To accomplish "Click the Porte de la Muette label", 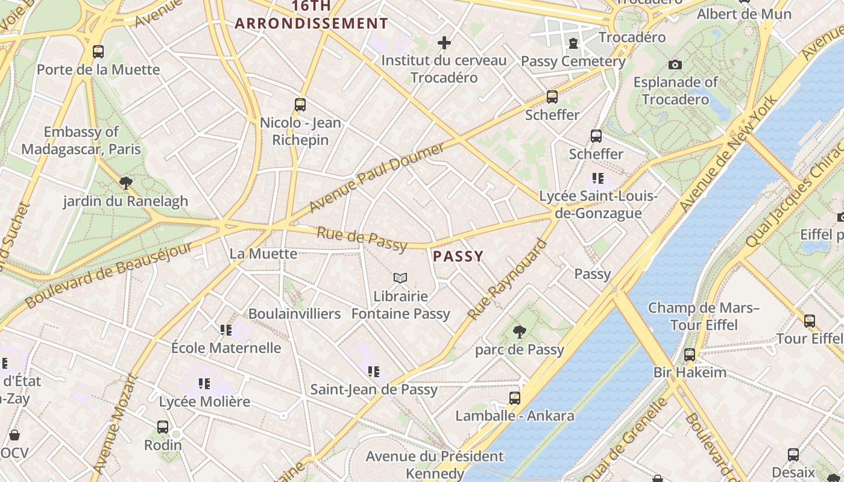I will click(x=98, y=69).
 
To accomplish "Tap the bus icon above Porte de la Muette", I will click(x=98, y=52).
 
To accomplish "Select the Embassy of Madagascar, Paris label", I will click(x=81, y=140).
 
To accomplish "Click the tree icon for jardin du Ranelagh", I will click(x=125, y=183).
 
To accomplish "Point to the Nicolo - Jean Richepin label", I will click(x=300, y=131).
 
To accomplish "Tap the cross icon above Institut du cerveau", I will click(x=444, y=43).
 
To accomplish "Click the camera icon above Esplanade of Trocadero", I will click(x=675, y=64).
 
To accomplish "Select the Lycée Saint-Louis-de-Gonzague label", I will click(x=599, y=205).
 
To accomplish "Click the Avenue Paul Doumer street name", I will click(x=377, y=178).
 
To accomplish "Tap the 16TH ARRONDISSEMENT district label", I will click(x=311, y=15).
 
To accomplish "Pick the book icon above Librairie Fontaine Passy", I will click(x=400, y=278).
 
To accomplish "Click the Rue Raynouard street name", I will click(x=508, y=280).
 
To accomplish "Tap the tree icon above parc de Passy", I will click(x=519, y=331).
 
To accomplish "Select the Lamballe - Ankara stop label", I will click(x=515, y=416).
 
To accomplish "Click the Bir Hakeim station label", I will click(x=690, y=372).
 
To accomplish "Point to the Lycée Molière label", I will click(x=204, y=401).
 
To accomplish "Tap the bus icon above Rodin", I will click(x=163, y=427).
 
